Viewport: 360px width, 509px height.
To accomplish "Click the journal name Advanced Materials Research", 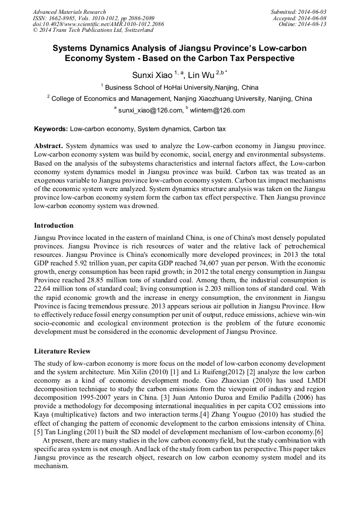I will click(69, 12).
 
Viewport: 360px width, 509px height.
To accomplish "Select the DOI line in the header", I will click(98, 24).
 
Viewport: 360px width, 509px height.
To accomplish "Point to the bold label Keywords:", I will click(51, 129).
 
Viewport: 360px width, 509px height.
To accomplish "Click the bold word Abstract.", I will click(48, 145).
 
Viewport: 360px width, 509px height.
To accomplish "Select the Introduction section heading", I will click(54, 226).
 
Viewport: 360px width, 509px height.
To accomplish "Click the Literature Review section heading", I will click(62, 351).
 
